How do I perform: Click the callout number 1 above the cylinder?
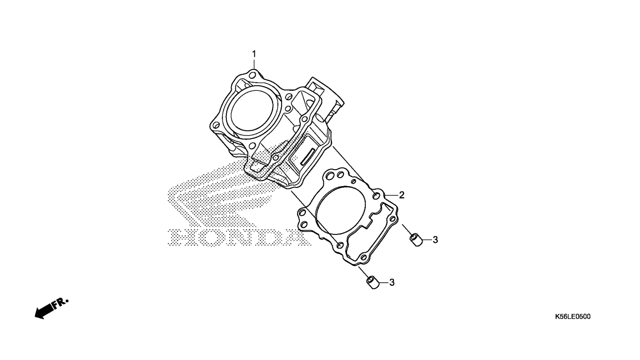254,54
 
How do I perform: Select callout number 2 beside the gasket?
402,195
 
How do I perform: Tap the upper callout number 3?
435,240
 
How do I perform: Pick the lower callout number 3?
392,282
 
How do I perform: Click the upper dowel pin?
417,240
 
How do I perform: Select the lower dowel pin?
373,283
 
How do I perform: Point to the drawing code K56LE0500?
573,316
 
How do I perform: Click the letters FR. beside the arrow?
60,303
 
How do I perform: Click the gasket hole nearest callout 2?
377,196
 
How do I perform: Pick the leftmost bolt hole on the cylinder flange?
216,125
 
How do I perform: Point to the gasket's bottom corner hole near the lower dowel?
364,257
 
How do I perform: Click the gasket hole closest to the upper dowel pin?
393,219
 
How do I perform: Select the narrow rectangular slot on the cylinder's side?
308,157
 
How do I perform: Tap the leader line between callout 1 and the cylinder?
254,64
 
